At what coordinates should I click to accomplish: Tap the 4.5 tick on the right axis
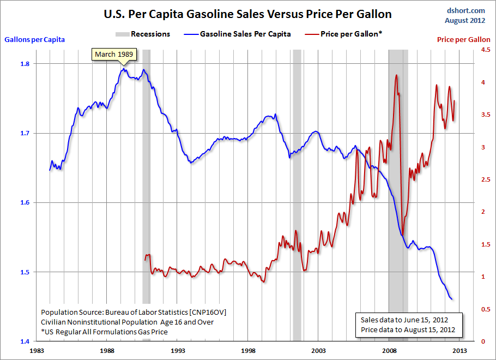(477, 50)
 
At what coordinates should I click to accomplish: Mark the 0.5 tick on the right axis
(477, 309)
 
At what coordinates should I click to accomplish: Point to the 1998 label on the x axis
(249, 350)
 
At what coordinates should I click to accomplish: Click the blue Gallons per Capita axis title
(35, 39)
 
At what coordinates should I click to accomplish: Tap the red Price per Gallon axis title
(463, 40)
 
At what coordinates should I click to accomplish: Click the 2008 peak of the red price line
(396, 75)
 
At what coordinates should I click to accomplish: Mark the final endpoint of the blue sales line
(452, 299)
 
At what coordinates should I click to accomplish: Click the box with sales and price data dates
(408, 325)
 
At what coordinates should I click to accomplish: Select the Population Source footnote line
(133, 312)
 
